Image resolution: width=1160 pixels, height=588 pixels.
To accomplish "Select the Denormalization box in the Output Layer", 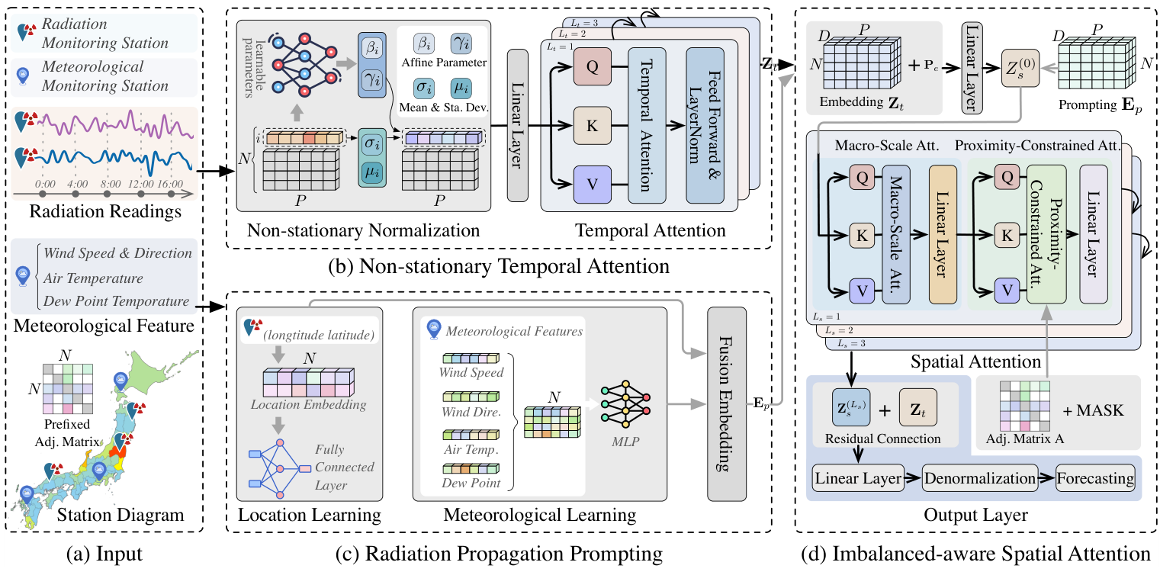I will [979, 479].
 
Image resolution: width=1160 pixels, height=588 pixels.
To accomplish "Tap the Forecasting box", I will [1095, 479].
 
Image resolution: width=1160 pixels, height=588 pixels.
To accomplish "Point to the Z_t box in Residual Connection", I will [919, 410].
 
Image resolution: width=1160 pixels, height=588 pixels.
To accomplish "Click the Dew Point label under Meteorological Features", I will [471, 483].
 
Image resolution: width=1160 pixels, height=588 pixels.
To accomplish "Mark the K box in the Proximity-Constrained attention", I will [1006, 236].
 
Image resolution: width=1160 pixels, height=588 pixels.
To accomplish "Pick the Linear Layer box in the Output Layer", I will [857, 479].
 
